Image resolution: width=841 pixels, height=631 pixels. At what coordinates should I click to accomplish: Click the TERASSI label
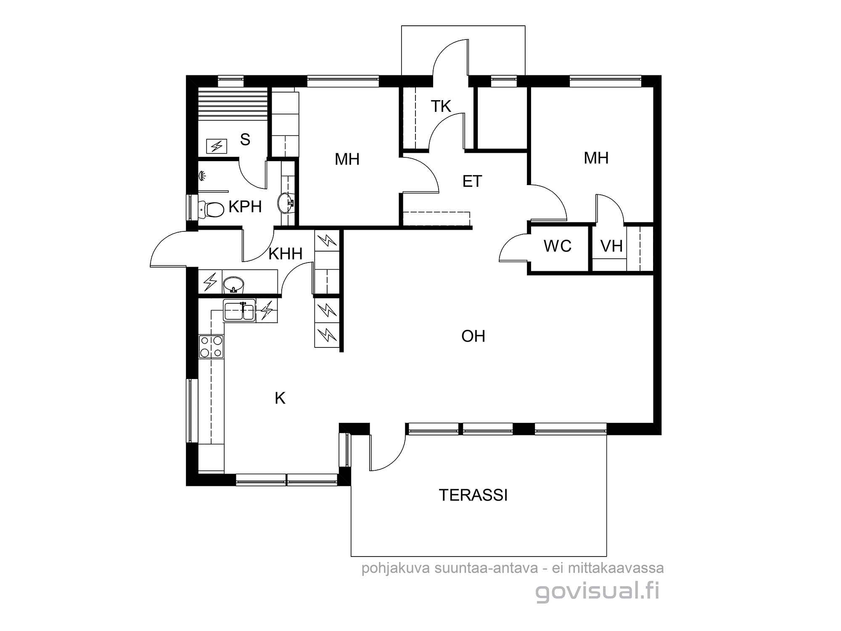pyautogui.click(x=473, y=495)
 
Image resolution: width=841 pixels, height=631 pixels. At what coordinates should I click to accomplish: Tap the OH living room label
pyautogui.click(x=473, y=336)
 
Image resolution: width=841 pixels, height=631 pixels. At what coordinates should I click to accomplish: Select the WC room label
pyautogui.click(x=558, y=246)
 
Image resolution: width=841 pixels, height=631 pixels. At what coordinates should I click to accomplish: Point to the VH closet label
pyautogui.click(x=611, y=246)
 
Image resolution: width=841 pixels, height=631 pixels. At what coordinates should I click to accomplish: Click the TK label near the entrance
pyautogui.click(x=441, y=106)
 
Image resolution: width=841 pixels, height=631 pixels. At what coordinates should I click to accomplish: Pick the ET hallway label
pyautogui.click(x=472, y=181)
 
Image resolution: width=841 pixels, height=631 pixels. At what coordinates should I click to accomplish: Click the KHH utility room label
pyautogui.click(x=286, y=254)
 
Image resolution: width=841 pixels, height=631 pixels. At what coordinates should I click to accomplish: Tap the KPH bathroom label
pyautogui.click(x=245, y=207)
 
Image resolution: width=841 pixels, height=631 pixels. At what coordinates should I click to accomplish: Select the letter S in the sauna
pyautogui.click(x=245, y=139)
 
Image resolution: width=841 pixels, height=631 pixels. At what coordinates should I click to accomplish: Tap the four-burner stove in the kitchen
pyautogui.click(x=211, y=347)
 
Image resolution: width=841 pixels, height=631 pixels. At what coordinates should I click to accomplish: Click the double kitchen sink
pyautogui.click(x=239, y=311)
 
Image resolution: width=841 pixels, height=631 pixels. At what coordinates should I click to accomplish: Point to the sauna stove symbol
pyautogui.click(x=217, y=146)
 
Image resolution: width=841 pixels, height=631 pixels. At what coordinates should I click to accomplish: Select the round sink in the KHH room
pyautogui.click(x=233, y=284)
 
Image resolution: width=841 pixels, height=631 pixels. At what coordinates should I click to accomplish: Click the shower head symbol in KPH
pyautogui.click(x=202, y=176)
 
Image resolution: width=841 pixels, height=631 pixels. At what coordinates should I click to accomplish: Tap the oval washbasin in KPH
pyautogui.click(x=286, y=203)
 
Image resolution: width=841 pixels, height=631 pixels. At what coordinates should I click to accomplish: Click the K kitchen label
pyautogui.click(x=280, y=398)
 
